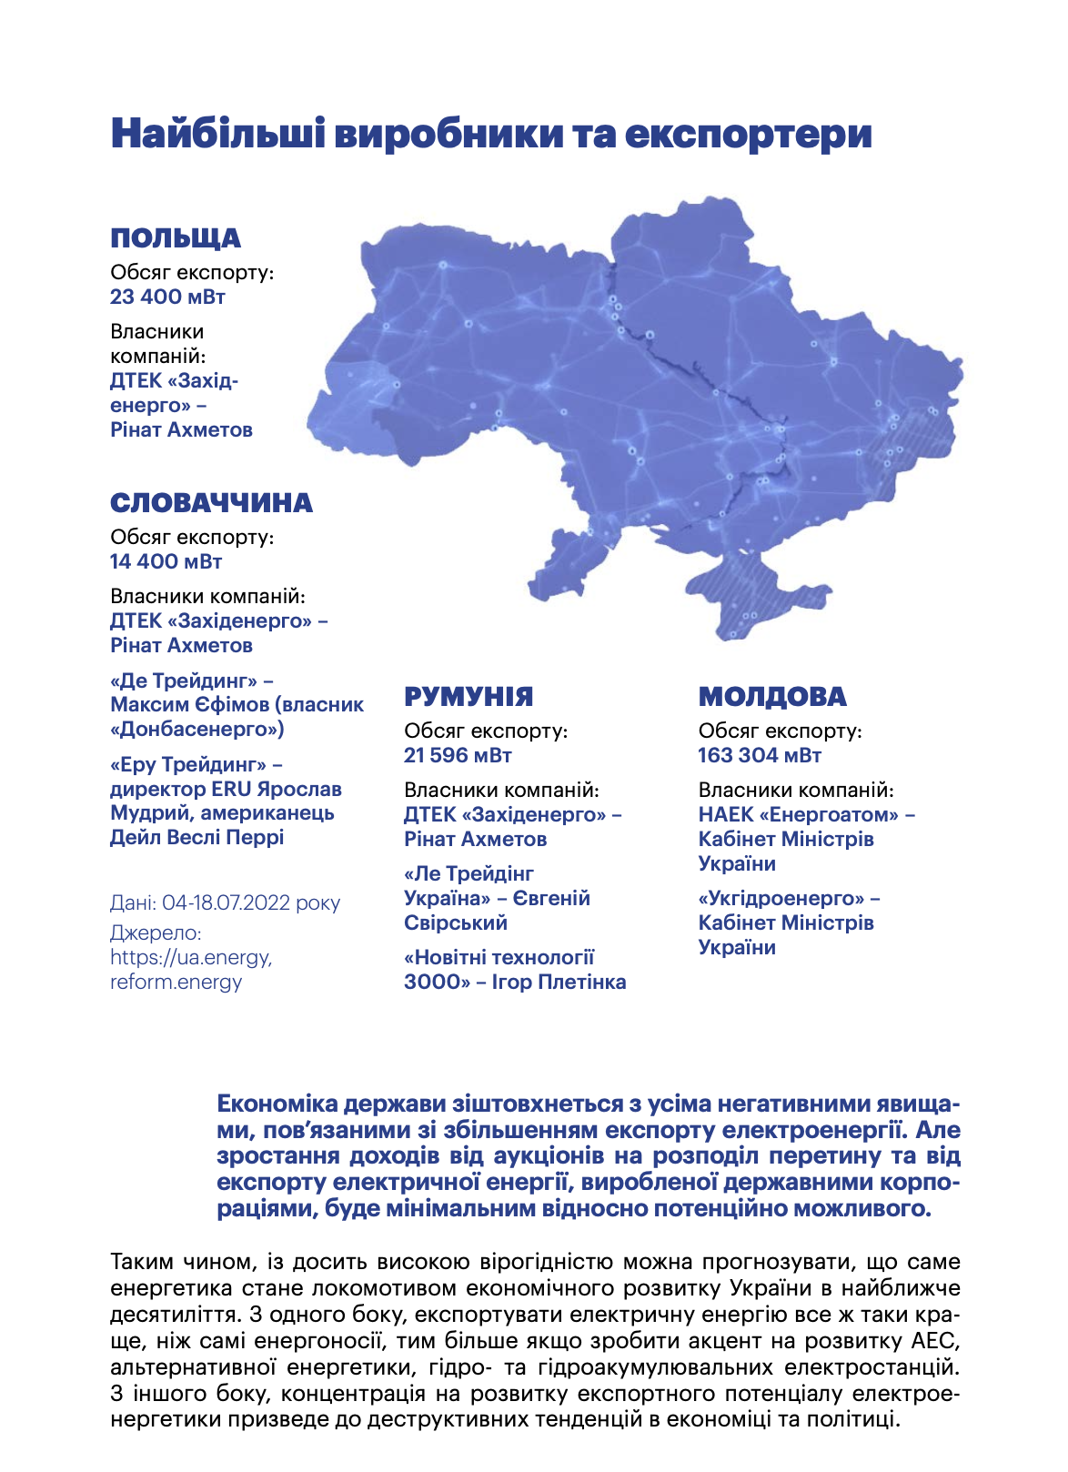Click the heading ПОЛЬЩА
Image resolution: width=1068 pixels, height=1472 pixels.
pos(176,238)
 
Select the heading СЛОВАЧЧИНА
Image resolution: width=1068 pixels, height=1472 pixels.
pos(211,503)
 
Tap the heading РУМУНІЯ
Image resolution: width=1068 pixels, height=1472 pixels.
pos(469,697)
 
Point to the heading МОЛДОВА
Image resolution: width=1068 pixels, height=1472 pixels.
pos(772,697)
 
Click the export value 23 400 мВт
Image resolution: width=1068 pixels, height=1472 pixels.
pos(167,297)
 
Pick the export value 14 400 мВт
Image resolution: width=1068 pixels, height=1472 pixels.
pos(166,561)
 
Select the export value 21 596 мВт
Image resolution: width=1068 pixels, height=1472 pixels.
pos(458,755)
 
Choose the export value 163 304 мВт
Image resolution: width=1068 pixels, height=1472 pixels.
pos(760,755)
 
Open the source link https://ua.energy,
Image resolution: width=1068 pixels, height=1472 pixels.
pos(191,957)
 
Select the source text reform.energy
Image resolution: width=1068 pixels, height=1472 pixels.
pos(176,982)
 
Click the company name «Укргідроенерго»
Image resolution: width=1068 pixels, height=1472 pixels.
pos(781,898)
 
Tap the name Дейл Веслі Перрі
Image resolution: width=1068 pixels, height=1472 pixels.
pos(196,837)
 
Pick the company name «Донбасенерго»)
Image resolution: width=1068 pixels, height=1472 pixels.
pos(196,729)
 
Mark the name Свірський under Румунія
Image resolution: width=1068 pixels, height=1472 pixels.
pos(456,923)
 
